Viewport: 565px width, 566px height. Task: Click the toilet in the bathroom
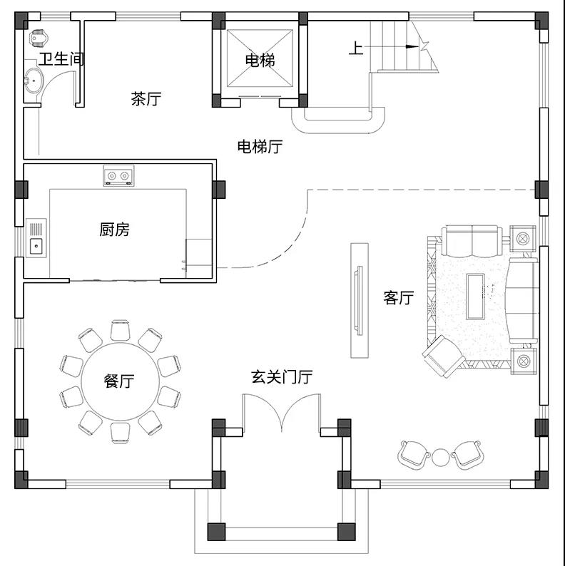tap(37, 38)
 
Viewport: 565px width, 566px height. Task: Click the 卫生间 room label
tap(61, 59)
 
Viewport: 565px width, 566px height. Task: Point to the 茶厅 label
tap(146, 98)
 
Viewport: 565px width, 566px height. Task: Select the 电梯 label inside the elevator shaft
tap(260, 60)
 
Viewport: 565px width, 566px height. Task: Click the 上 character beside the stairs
tap(356, 48)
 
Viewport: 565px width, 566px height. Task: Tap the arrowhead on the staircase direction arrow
tap(412, 46)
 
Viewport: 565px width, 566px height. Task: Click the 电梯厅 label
tap(260, 147)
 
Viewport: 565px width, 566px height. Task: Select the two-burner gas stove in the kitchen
tap(118, 176)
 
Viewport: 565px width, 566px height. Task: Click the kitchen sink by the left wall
tap(36, 238)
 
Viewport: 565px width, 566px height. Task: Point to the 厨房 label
tap(114, 230)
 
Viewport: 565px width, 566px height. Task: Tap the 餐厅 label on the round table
tap(119, 381)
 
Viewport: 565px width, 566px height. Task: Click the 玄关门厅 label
tap(282, 377)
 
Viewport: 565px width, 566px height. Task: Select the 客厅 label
tap(399, 298)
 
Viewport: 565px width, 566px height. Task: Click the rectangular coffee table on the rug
tap(475, 297)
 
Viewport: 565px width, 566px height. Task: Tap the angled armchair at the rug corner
tap(443, 356)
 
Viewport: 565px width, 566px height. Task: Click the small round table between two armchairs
tap(440, 458)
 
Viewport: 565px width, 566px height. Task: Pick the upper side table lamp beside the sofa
tap(523, 238)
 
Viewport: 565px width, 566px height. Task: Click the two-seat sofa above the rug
tap(472, 240)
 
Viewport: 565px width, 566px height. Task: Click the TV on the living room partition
tap(359, 301)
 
